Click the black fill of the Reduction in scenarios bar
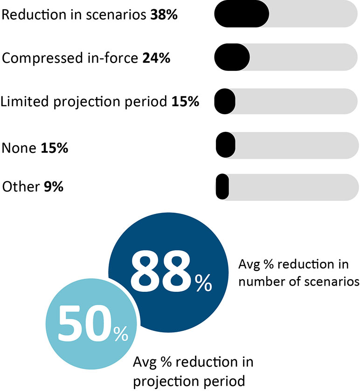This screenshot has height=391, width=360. tap(241, 14)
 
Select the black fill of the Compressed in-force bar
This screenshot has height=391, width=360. tap(232, 57)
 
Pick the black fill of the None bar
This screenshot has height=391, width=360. tap(225, 144)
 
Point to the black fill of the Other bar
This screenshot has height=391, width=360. tap(222, 186)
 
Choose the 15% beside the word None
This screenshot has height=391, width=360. tap(55, 148)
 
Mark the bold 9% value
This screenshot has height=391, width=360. tap(54, 187)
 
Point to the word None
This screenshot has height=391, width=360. tap(19, 148)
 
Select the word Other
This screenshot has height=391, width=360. tap(20, 187)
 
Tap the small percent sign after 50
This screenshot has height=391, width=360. tap(120, 334)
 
